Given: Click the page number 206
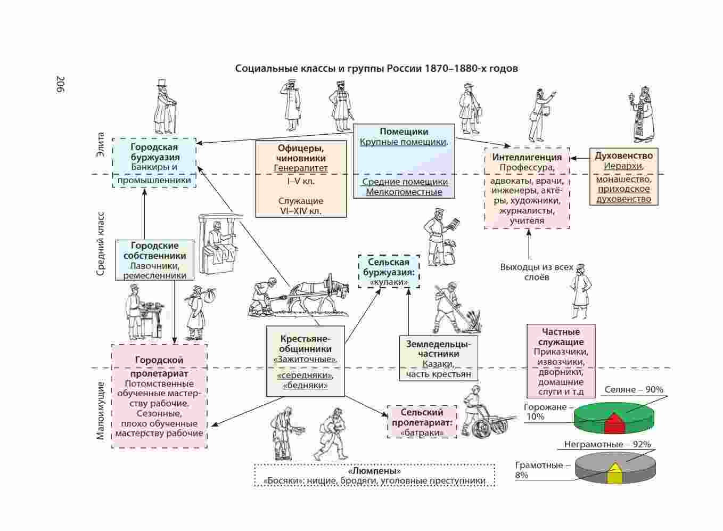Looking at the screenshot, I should [60, 85].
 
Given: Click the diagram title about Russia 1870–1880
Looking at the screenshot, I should [376, 69].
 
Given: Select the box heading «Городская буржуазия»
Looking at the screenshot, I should [154, 152].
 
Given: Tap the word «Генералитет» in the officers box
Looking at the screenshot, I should [301, 168].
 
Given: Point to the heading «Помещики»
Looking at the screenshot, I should [404, 132].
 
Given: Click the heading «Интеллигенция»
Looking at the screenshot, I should [527, 157].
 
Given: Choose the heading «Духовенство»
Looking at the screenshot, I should [623, 156].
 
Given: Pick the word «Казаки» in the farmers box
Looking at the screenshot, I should [438, 364].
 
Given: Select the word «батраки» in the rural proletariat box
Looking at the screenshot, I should [422, 432].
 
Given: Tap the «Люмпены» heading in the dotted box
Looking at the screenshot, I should [374, 471].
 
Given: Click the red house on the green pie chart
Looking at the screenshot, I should [614, 423].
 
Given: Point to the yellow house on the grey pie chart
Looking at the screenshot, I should [615, 473].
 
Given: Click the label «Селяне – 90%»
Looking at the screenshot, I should [634, 390].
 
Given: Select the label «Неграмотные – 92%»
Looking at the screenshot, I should [607, 444].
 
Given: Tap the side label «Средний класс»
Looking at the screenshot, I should [101, 244].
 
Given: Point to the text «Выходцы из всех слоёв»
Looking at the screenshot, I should [537, 272].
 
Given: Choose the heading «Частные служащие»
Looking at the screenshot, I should [561, 337].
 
